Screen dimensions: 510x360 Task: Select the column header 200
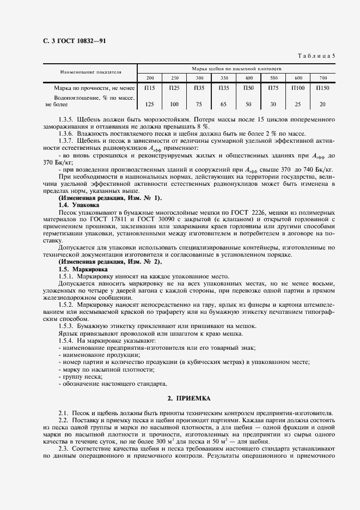150,78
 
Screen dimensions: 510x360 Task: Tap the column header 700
323,78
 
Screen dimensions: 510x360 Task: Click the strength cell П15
150,88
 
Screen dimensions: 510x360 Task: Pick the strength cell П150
323,88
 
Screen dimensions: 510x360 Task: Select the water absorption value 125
150,104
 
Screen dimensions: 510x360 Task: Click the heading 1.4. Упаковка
78,204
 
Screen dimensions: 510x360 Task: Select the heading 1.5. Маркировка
83,269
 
